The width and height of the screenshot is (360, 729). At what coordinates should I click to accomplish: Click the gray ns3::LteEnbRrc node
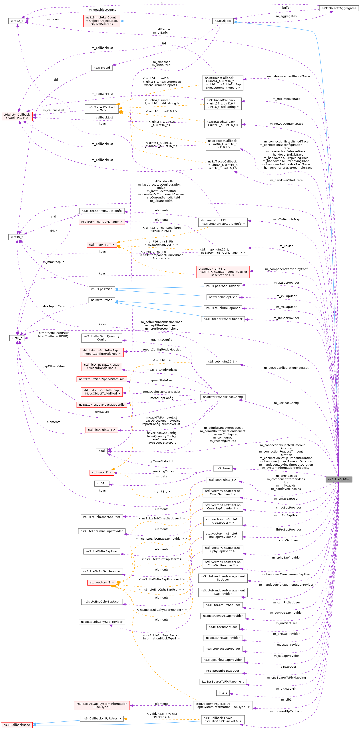339,479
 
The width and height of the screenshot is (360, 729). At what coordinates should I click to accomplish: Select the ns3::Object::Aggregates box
338,8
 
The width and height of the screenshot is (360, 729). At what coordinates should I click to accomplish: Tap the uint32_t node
17,21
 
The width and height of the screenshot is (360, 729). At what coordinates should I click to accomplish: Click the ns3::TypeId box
101,68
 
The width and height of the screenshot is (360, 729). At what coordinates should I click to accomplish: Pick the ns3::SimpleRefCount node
101,21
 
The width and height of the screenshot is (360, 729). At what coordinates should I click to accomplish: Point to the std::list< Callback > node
17,116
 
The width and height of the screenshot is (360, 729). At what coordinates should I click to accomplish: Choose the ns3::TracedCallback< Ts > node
101,109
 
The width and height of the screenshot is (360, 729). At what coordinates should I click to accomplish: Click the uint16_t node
17,236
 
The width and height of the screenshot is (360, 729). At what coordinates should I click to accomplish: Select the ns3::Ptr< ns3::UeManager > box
101,222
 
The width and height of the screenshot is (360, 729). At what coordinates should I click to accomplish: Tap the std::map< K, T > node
101,244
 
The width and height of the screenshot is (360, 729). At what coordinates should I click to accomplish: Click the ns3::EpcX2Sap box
101,289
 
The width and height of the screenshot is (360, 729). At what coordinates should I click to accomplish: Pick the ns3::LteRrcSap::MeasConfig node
223,397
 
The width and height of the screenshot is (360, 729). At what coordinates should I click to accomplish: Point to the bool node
101,451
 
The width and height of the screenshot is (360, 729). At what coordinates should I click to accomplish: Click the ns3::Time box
223,468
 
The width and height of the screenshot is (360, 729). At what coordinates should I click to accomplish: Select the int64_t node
101,483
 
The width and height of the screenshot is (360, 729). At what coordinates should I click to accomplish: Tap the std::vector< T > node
101,582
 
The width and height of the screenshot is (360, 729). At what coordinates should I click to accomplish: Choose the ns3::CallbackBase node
17,725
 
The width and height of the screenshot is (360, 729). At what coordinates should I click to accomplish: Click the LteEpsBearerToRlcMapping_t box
223,681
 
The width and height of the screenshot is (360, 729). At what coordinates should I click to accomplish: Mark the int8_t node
223,693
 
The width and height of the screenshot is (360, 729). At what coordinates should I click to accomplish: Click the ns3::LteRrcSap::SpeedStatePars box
101,379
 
